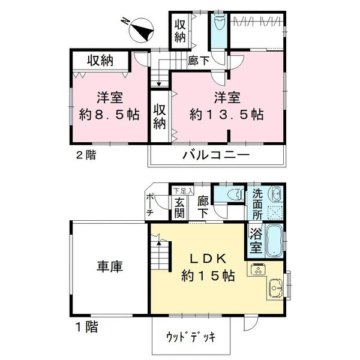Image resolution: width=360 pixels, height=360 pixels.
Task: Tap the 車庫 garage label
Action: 110,266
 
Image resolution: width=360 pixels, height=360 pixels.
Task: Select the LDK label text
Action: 208,259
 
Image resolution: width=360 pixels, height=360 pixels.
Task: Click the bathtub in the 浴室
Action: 274,241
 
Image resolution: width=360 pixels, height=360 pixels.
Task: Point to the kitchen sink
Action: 275,287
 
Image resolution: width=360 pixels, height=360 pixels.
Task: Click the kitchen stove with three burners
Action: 258,269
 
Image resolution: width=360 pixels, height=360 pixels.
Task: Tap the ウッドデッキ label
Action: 191,337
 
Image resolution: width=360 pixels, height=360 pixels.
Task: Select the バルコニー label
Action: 216,155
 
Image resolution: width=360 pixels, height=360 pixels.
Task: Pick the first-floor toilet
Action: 236,194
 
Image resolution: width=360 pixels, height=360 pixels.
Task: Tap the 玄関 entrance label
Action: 179,208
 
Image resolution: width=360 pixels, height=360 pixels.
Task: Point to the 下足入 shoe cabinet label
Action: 183,191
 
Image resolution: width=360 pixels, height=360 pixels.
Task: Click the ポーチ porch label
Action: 149,205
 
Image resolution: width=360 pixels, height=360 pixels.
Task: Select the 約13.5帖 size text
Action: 226,115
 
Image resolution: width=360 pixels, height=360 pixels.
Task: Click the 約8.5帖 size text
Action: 109,115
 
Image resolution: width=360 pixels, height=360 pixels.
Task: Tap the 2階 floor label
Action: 86,155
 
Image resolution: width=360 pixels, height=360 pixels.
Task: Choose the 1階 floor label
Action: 87,326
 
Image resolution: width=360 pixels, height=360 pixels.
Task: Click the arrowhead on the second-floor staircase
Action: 159,84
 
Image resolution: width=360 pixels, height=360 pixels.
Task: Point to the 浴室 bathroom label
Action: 256,241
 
